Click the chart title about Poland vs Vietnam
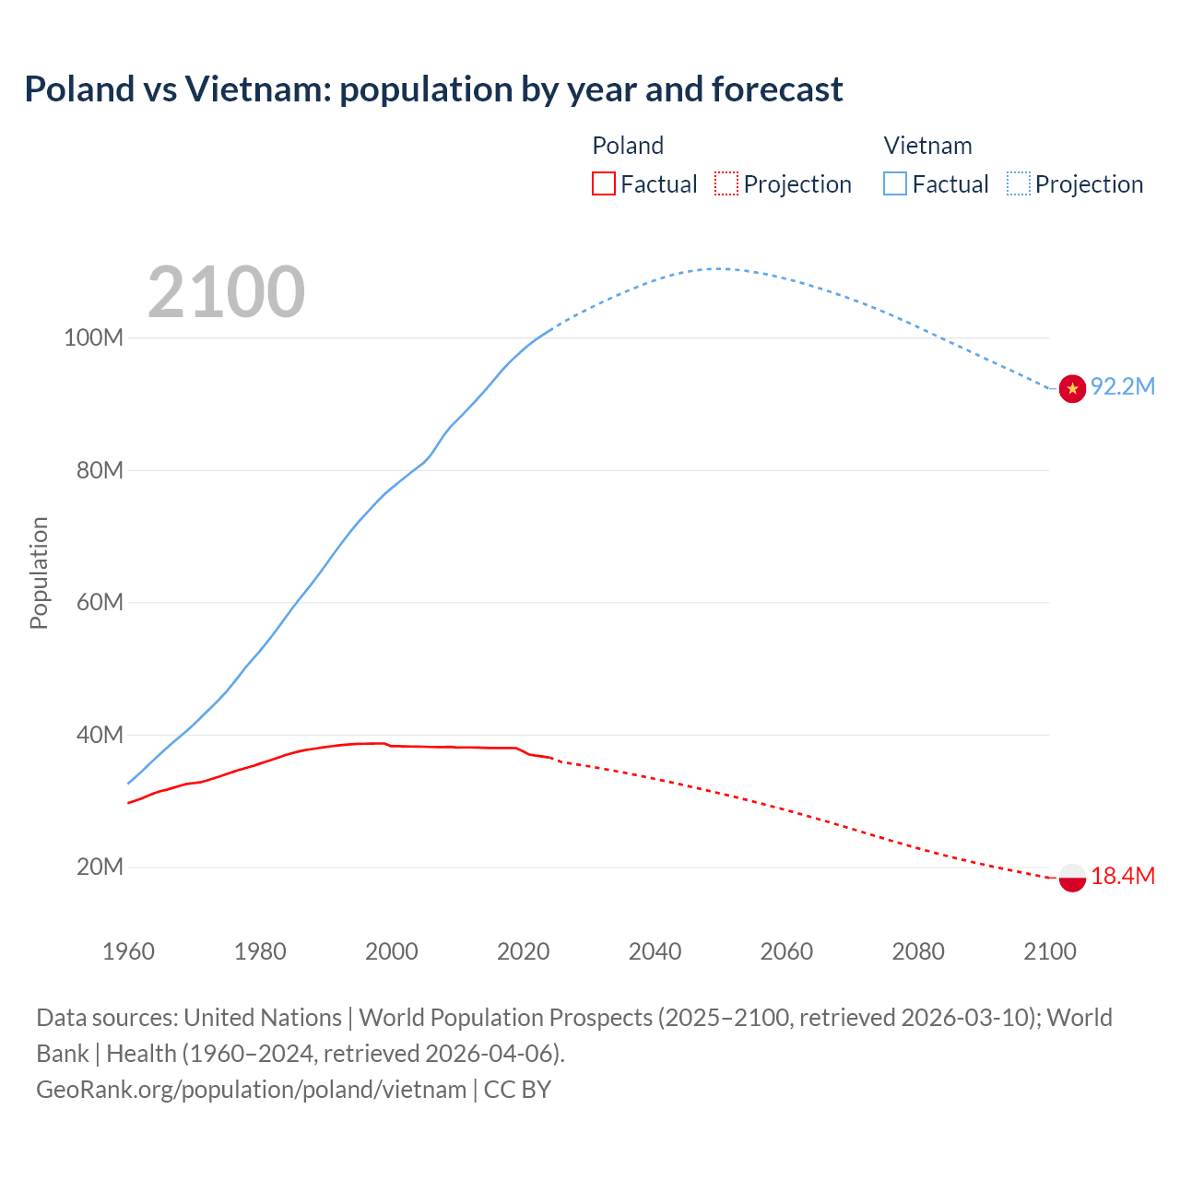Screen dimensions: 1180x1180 (433, 89)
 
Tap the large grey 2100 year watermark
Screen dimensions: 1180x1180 (226, 292)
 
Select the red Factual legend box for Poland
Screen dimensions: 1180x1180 (603, 183)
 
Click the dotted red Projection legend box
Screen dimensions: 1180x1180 (726, 183)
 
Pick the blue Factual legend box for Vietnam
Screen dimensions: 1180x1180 (895, 183)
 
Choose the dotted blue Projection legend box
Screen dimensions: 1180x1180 (1019, 183)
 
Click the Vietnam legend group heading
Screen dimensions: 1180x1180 (927, 146)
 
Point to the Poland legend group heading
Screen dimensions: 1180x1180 (628, 146)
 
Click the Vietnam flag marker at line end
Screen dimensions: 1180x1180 (1072, 389)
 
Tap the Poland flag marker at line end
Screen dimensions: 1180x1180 (1072, 878)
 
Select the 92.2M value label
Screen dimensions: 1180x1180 (1123, 386)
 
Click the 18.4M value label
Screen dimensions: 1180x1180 (1123, 876)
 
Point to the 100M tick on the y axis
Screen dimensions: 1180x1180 (93, 337)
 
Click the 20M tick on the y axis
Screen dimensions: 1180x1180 (100, 867)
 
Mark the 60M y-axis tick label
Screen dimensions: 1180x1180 (100, 602)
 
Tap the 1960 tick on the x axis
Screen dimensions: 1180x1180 (128, 951)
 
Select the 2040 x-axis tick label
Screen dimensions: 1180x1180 (655, 951)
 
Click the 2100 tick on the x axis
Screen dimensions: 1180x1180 (1050, 951)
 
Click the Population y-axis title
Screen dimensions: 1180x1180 (39, 572)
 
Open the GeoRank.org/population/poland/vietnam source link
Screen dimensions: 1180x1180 (251, 1090)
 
